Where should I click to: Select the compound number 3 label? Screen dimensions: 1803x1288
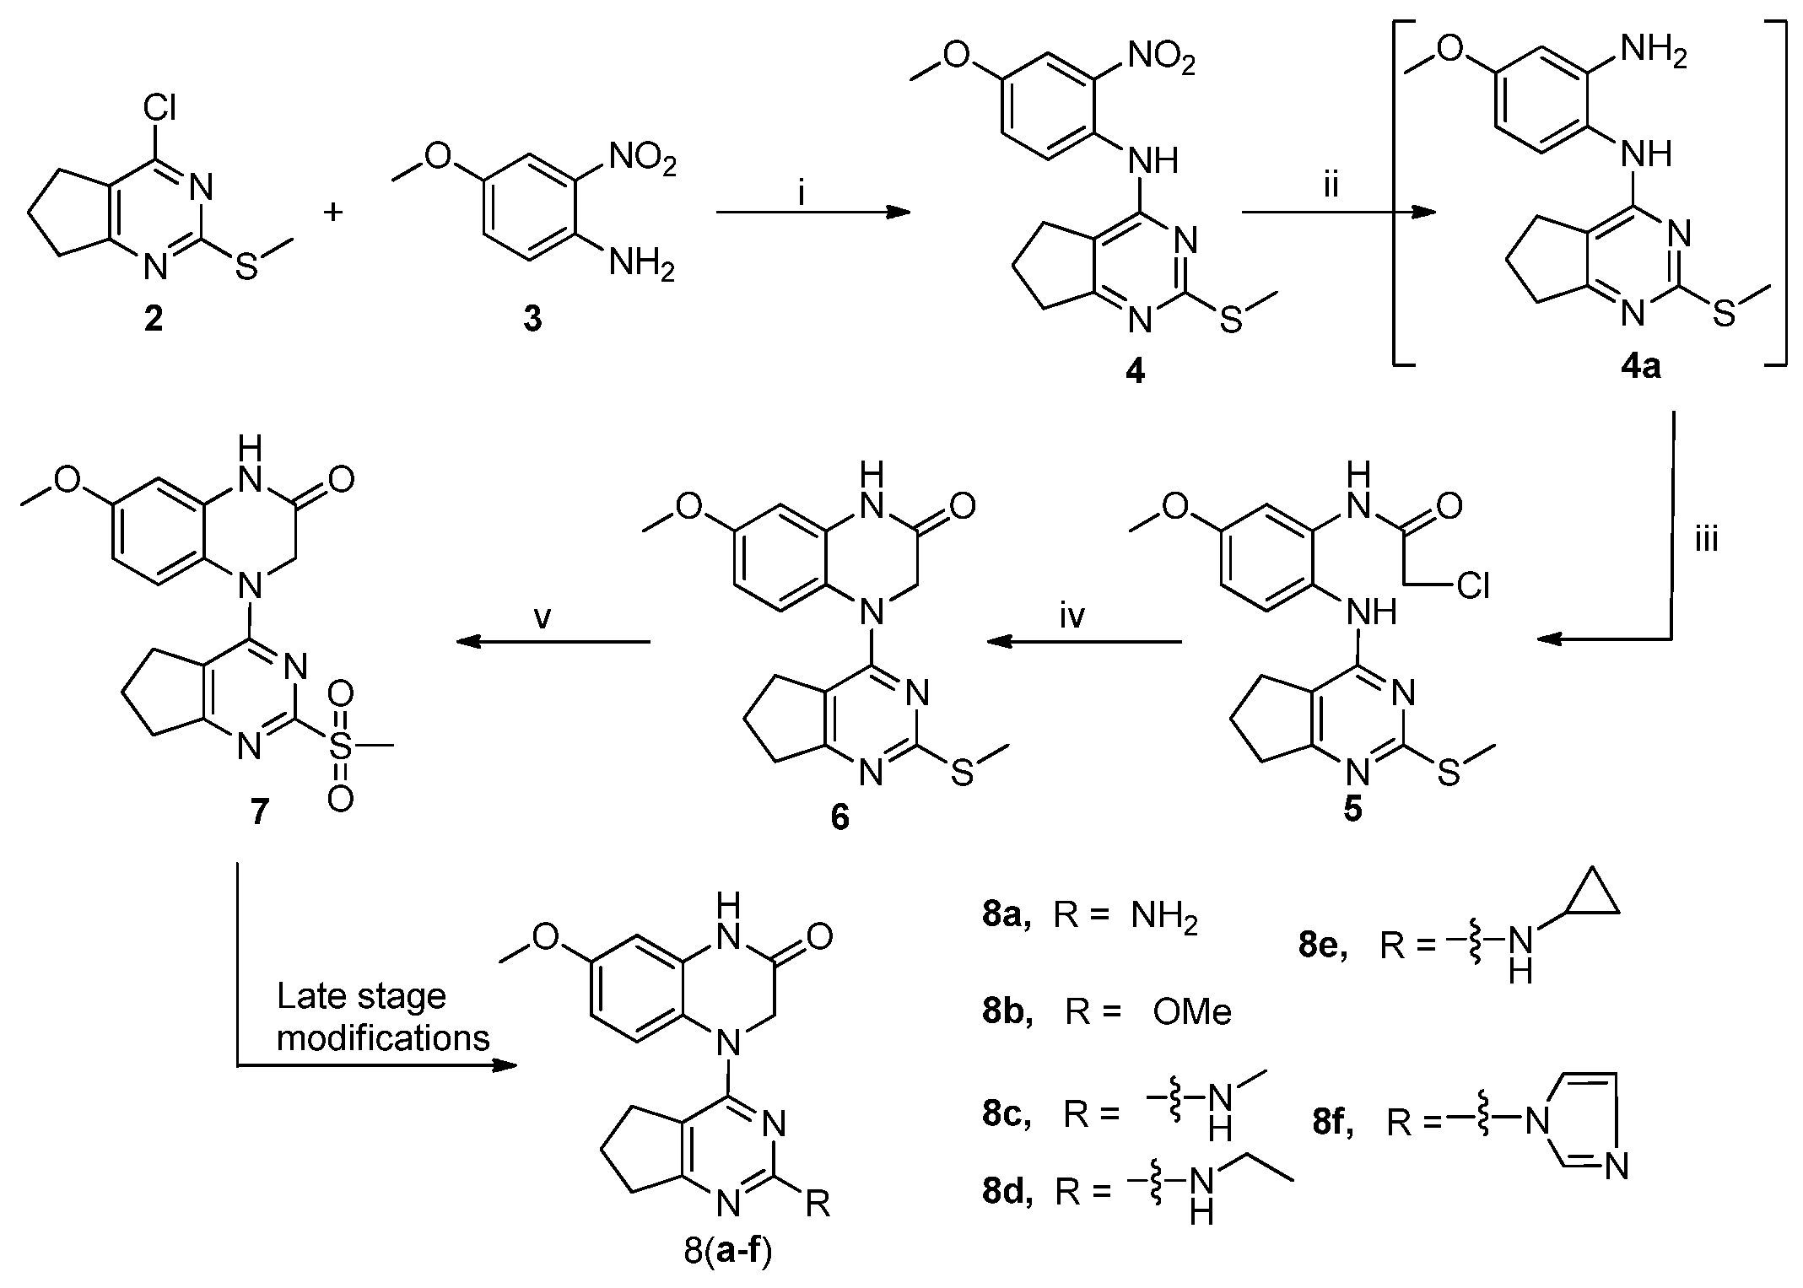coord(532,321)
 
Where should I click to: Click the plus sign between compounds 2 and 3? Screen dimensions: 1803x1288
coord(335,212)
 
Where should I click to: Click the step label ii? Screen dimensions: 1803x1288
coord(1331,184)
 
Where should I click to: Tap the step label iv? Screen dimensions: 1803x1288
coord(1072,617)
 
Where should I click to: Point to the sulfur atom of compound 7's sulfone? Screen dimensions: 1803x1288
coord(340,746)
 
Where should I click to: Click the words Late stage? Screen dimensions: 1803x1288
coord(361,997)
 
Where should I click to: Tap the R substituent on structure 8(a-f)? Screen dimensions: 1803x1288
coord(818,1204)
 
